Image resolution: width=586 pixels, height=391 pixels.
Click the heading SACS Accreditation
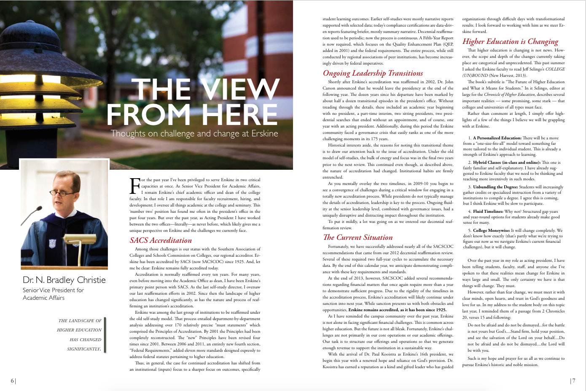point(161,240)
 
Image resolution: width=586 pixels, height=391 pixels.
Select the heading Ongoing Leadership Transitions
point(373,73)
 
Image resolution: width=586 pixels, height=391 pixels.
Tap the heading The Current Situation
point(358,237)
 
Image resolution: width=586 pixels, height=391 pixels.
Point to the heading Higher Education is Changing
point(510,41)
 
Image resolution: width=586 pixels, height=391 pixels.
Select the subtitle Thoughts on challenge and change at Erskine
point(194,134)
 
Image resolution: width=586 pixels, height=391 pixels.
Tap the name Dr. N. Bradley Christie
point(64,280)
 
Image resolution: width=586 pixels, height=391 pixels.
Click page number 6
point(12,381)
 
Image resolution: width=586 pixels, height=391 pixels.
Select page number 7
point(573,381)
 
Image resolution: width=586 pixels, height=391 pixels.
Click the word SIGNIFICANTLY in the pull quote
point(84,349)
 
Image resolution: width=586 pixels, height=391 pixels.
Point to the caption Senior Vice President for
point(53,290)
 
